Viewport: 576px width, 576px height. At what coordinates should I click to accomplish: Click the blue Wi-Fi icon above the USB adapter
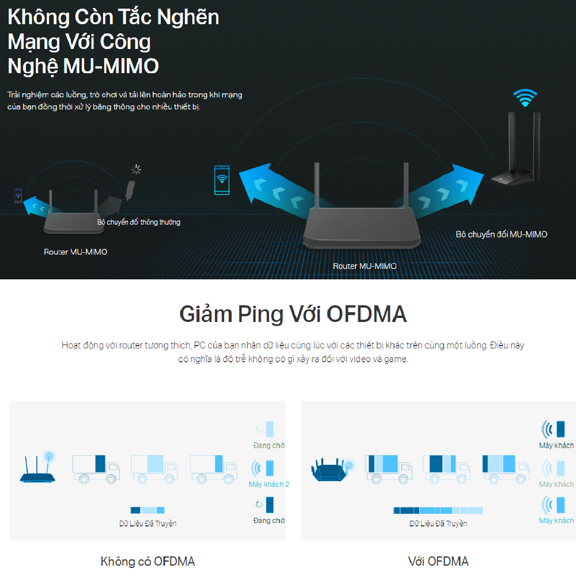pyautogui.click(x=525, y=98)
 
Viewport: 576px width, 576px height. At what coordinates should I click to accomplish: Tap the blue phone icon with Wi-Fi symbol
pyautogui.click(x=221, y=180)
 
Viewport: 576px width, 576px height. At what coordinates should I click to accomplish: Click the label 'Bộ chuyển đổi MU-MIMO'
pyautogui.click(x=501, y=234)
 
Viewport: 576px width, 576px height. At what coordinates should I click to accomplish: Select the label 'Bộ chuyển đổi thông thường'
pyautogui.click(x=138, y=222)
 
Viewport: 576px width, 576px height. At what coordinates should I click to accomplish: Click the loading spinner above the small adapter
pyautogui.click(x=136, y=169)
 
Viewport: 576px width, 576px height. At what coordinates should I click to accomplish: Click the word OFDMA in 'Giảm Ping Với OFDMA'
pyautogui.click(x=366, y=314)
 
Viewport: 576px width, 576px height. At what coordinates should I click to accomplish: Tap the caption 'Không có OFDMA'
pyautogui.click(x=147, y=561)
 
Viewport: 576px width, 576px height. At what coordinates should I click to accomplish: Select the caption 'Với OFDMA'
pyautogui.click(x=438, y=561)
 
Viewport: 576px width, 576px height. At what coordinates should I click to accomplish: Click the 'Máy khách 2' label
pyautogui.click(x=268, y=484)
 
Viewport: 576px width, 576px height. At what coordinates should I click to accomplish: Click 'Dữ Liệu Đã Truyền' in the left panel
pyautogui.click(x=147, y=524)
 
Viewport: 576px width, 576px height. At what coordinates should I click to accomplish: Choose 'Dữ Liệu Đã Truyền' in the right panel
pyautogui.click(x=438, y=524)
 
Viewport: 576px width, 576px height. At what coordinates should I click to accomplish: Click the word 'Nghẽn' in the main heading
pyautogui.click(x=191, y=17)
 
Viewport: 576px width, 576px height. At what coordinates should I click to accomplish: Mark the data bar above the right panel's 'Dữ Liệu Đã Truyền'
pyautogui.click(x=438, y=510)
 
